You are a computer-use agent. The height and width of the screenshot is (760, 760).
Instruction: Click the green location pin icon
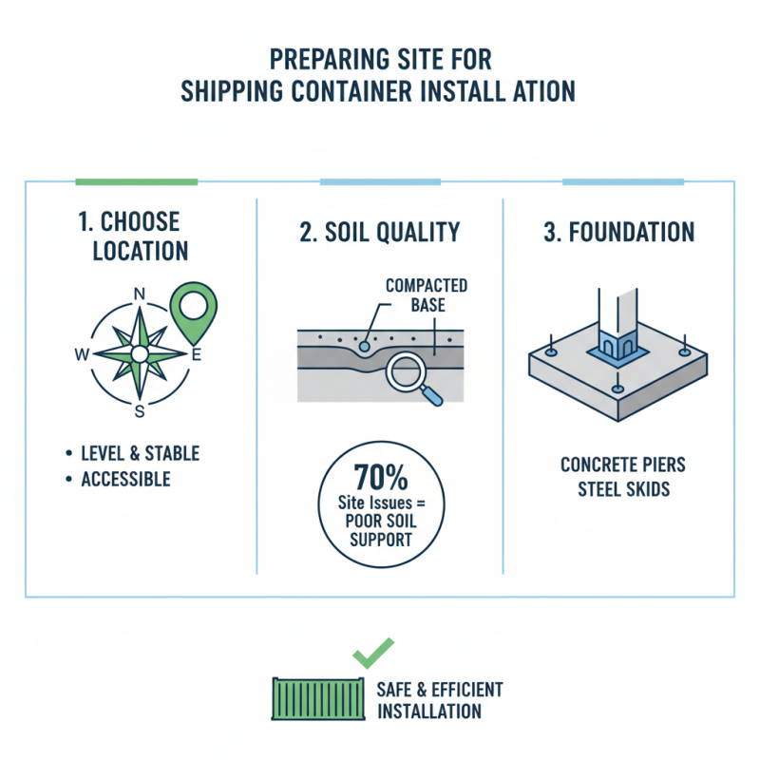click(x=192, y=307)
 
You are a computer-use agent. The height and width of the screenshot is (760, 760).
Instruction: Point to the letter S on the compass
click(x=140, y=411)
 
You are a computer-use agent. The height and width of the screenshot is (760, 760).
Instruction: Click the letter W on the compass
click(x=82, y=354)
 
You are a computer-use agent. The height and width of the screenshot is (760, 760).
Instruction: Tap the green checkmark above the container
click(x=372, y=653)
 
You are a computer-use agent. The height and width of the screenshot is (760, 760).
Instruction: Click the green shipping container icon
click(x=310, y=698)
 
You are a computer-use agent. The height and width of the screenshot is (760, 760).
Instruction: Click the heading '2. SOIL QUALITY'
click(x=380, y=233)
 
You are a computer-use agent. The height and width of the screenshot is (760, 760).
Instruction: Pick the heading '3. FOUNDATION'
click(x=618, y=233)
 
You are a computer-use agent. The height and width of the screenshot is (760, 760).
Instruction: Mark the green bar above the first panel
click(x=136, y=181)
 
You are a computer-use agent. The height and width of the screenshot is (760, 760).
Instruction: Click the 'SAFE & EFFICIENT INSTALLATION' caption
click(x=439, y=700)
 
